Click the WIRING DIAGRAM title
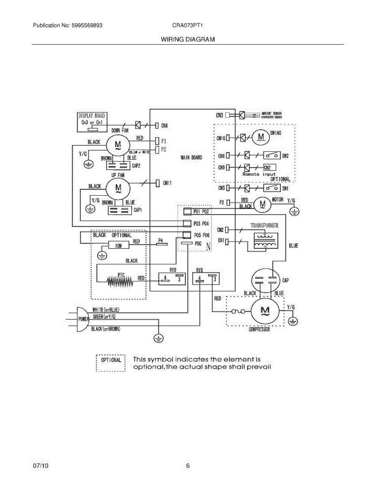pyautogui.click(x=188, y=39)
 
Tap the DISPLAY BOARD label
pyautogui.click(x=92, y=116)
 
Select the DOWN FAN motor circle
pyautogui.click(x=118, y=144)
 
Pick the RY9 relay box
pyautogui.click(x=171, y=278)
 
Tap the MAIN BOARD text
pyautogui.click(x=191, y=157)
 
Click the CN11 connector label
pyautogui.click(x=168, y=183)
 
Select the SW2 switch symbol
pyautogui.click(x=271, y=155)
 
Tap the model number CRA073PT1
pyautogui.click(x=187, y=25)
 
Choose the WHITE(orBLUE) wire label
pyautogui.click(x=106, y=310)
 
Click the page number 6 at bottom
pyautogui.click(x=188, y=466)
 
